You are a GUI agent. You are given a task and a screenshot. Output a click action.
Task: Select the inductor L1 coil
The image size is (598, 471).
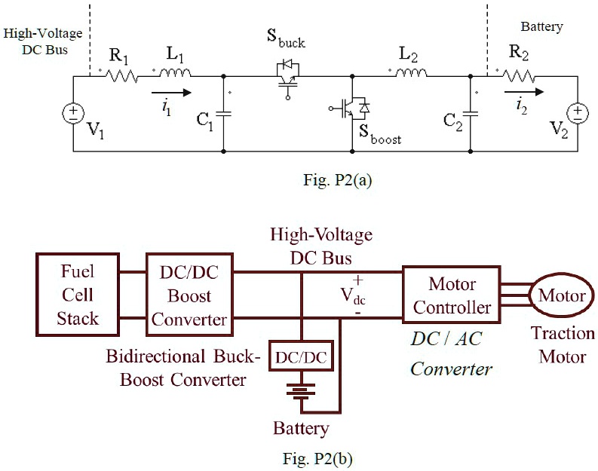(x=176, y=74)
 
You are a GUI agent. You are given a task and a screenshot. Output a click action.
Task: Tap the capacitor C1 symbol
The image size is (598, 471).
(x=225, y=114)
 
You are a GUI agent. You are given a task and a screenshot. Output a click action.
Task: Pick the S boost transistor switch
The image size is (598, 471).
(x=354, y=109)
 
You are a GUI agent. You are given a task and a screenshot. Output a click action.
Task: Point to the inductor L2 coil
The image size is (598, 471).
(x=410, y=74)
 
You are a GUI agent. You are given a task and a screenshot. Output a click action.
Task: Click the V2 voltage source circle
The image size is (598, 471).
(x=578, y=114)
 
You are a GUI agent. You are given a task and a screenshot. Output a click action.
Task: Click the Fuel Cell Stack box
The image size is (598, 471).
(x=77, y=294)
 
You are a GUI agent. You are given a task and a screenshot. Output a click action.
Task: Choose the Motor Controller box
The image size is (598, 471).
(x=452, y=295)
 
